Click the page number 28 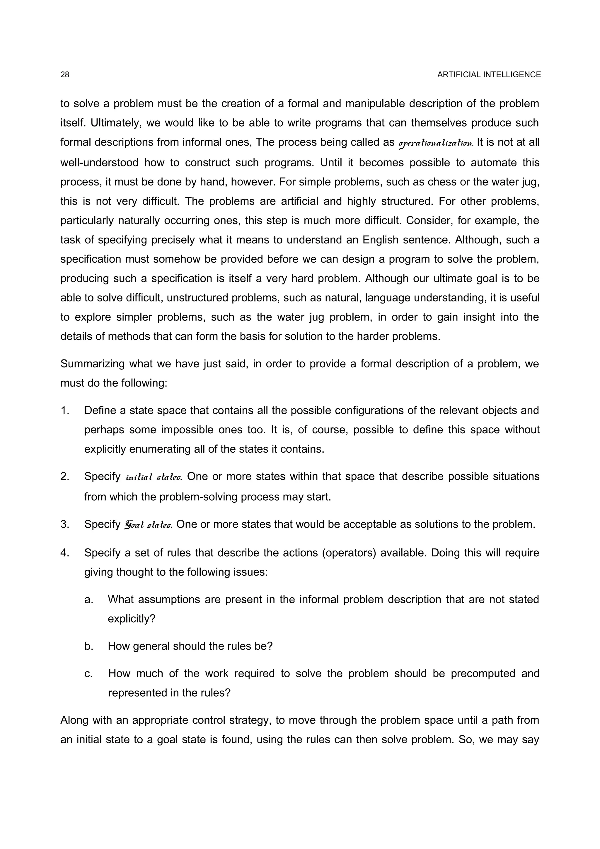click(x=65, y=75)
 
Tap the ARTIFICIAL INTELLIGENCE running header click(x=489, y=75)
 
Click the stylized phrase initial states click(x=154, y=477)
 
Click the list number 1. click(x=65, y=410)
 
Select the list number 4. click(x=65, y=553)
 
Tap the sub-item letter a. click(x=88, y=599)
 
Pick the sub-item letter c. click(x=88, y=673)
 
